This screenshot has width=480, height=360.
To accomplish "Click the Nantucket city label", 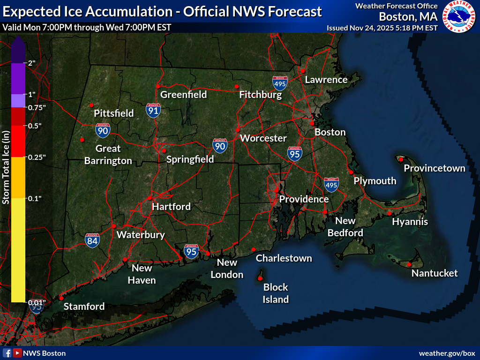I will click(x=435, y=273).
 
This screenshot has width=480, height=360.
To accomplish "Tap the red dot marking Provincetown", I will click(x=401, y=159).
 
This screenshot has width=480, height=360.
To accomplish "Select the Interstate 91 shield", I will click(x=153, y=110).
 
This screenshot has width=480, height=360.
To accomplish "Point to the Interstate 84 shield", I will click(x=92, y=240).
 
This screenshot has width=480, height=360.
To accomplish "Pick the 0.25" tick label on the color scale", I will click(x=37, y=157).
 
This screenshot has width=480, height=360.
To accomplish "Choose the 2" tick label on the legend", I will click(x=32, y=63).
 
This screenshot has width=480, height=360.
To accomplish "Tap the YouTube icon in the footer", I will click(x=17, y=353).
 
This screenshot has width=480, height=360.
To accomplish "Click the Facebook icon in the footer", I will click(x=7, y=353).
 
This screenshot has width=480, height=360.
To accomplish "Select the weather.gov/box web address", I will click(x=447, y=353).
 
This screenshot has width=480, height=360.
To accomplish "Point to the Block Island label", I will click(x=276, y=293).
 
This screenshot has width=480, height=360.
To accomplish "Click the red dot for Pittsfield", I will click(x=91, y=105).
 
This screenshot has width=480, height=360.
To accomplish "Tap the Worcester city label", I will click(x=263, y=138).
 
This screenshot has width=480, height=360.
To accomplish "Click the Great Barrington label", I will click(x=108, y=155).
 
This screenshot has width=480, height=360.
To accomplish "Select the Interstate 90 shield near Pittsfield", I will click(x=103, y=130).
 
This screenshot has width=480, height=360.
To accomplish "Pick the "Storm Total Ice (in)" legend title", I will click(x=6, y=167).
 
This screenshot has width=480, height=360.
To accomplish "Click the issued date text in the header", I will click(x=382, y=28).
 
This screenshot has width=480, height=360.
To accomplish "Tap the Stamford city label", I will click(x=84, y=307).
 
